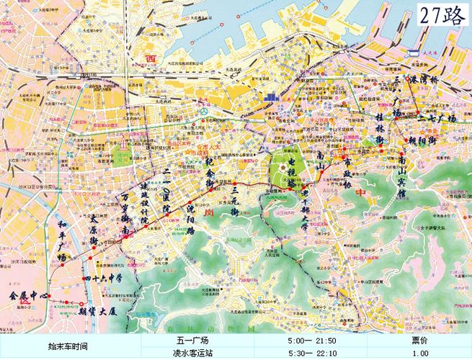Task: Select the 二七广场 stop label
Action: pos(439,117)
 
